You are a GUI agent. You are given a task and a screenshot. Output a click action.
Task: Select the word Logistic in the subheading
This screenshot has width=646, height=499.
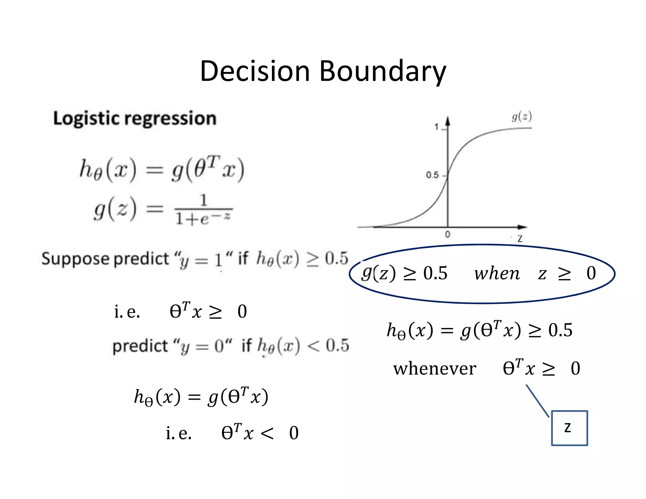click(x=87, y=119)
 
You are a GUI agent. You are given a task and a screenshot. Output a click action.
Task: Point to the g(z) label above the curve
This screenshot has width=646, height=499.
click(x=522, y=117)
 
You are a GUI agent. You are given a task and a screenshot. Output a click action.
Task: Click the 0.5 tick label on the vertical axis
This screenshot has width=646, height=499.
click(x=432, y=175)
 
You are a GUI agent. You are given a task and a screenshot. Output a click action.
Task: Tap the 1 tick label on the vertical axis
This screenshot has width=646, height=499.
click(x=437, y=127)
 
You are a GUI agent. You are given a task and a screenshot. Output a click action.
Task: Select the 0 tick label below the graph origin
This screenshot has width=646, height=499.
click(x=447, y=234)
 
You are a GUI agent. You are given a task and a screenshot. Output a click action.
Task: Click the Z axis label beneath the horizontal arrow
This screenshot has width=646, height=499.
click(x=520, y=239)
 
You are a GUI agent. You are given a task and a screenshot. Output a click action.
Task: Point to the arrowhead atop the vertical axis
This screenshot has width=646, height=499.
click(x=448, y=121)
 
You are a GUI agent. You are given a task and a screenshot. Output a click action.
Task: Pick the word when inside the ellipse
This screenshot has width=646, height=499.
click(x=497, y=273)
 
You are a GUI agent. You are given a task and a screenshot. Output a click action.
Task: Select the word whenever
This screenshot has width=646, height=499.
click(x=434, y=368)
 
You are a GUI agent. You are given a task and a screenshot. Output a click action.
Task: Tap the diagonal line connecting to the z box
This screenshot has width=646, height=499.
click(x=537, y=401)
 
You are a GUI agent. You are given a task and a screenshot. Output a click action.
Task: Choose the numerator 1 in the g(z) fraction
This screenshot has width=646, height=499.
click(x=204, y=200)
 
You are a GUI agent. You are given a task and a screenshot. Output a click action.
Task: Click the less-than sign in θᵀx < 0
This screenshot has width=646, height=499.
click(x=267, y=433)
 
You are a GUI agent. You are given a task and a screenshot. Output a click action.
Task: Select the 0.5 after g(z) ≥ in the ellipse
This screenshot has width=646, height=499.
click(x=435, y=273)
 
